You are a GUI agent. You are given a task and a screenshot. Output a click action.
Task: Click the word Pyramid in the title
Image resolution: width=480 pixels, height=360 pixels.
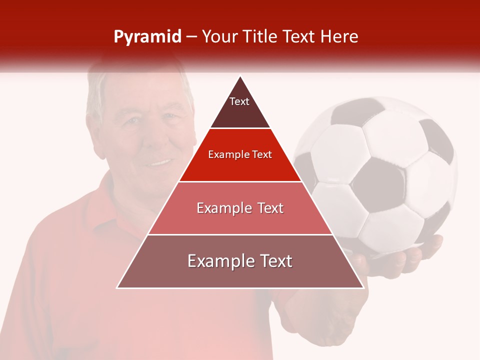pyautogui.click(x=147, y=37)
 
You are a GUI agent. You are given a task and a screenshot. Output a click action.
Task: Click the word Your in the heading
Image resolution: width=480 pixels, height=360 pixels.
pyautogui.click(x=220, y=37)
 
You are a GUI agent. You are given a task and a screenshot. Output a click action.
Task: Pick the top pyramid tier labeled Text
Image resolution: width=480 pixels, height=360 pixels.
pyautogui.click(x=239, y=107)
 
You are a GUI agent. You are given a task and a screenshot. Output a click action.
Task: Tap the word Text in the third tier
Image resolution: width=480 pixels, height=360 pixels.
pyautogui.click(x=270, y=208)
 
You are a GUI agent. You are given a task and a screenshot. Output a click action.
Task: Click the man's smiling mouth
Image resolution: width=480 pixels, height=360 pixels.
pyautogui.click(x=160, y=163)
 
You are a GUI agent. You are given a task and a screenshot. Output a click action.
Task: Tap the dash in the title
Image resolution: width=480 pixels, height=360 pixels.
pyautogui.click(x=191, y=37)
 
